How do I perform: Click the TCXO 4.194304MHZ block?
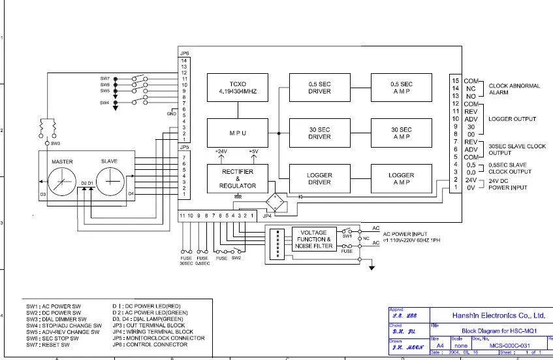coord(238,87)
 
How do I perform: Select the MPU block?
coord(238,133)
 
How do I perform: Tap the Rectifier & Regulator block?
coord(238,178)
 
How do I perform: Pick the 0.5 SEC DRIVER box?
coord(319,87)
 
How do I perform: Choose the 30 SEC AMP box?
coord(401,133)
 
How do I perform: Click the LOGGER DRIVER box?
coord(319,178)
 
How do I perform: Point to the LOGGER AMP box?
coord(401,178)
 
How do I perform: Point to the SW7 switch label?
coord(105,78)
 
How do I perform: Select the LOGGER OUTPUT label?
coord(512,119)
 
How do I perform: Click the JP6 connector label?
coord(184,53)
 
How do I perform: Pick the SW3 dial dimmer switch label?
coord(55,143)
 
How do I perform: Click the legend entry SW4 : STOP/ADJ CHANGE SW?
coord(64,325)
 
